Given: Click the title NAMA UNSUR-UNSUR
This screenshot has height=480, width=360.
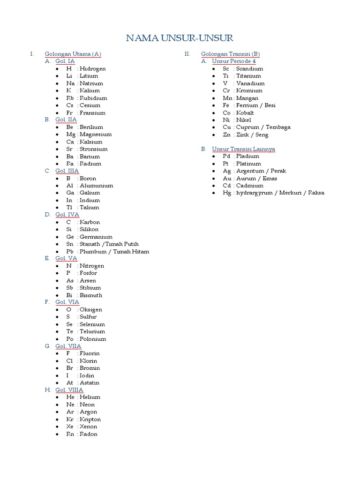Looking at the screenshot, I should [x=180, y=38].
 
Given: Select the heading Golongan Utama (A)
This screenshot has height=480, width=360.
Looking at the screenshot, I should [x=73, y=54].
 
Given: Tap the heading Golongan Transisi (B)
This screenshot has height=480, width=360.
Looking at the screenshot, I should [x=232, y=54].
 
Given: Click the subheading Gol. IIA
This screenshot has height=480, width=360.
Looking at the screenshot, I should [x=66, y=120].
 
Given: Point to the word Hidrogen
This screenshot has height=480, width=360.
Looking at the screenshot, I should [x=93, y=68].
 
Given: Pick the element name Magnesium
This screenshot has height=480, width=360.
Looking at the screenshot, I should [x=96, y=134].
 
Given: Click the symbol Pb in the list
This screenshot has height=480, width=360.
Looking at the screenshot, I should [x=70, y=251].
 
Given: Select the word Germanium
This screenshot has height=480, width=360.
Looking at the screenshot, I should [x=96, y=237].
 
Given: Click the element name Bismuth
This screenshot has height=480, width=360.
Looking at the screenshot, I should [x=91, y=295].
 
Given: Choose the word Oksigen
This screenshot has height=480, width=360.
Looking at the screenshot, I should [x=91, y=309].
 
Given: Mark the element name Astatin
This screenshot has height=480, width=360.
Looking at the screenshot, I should [x=90, y=382].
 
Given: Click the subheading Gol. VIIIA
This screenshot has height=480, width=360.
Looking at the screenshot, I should [x=69, y=390].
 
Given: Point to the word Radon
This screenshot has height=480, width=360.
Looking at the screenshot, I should [x=89, y=434].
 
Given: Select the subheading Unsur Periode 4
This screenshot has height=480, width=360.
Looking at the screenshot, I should [x=234, y=61].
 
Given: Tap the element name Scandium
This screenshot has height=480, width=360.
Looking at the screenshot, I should [x=250, y=68].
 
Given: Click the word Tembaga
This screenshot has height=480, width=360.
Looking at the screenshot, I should [x=277, y=127].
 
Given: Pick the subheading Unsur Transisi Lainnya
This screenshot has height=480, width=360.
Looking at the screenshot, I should [x=243, y=149].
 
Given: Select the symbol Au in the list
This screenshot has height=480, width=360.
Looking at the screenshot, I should [x=227, y=178].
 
